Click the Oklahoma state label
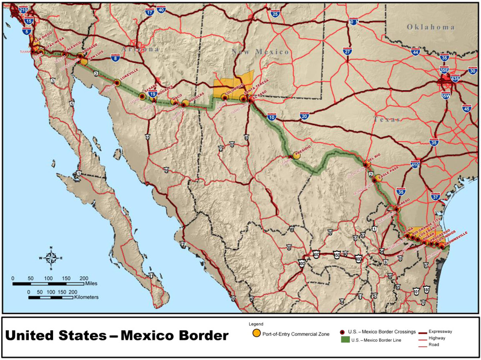(431, 27)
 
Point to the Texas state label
(387, 119)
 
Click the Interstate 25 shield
(275, 15)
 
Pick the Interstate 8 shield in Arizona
(115, 59)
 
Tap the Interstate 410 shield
(415, 164)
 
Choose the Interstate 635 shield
(455, 78)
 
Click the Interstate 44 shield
(415, 52)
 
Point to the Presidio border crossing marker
(290, 157)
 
